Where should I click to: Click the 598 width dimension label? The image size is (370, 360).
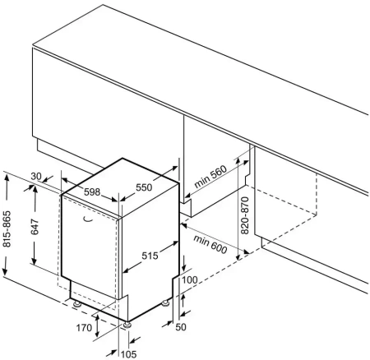click(x=92, y=192)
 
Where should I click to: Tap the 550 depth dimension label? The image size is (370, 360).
click(x=144, y=187)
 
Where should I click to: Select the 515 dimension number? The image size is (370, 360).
click(x=150, y=256)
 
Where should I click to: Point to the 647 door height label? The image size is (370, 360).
click(x=35, y=227)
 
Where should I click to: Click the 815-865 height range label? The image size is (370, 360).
click(x=7, y=228)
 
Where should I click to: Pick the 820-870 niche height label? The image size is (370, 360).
click(x=244, y=215)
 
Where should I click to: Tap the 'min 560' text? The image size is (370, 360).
click(x=210, y=177)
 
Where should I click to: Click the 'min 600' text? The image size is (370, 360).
click(x=210, y=244)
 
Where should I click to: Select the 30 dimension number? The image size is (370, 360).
click(x=36, y=177)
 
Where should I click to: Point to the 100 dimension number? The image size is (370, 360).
click(x=190, y=279)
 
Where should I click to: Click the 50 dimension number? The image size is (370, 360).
click(x=181, y=327)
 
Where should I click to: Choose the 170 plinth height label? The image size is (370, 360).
click(x=84, y=327)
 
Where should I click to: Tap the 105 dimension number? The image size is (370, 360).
click(x=128, y=354)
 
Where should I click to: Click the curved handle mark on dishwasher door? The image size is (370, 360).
click(x=88, y=219)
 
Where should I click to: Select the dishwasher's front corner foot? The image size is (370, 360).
click(x=127, y=325)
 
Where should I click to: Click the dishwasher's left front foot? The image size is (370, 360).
click(x=76, y=304)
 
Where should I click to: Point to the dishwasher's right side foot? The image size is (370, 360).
click(x=165, y=303)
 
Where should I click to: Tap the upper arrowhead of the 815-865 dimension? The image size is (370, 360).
click(x=7, y=178)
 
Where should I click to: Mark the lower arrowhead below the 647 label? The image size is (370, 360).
click(x=34, y=261)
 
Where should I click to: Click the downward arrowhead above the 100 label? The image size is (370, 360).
click(x=184, y=267)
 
